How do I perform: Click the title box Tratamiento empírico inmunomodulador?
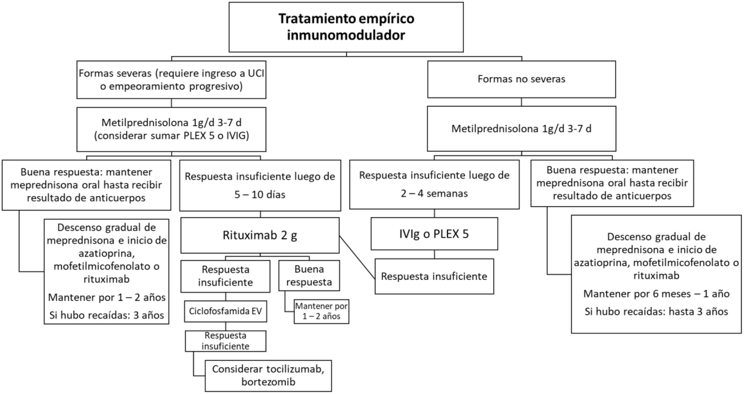(346, 27)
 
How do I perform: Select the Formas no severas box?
(521, 79)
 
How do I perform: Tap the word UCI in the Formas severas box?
(256, 73)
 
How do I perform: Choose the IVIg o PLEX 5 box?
(434, 234)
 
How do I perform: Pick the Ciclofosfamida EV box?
(225, 311)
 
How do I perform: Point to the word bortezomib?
(268, 382)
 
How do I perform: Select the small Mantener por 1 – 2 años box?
(321, 311)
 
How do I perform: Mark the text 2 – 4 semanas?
(434, 193)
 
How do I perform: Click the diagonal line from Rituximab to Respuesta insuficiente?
(357, 258)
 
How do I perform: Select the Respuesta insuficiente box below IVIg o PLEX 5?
(434, 276)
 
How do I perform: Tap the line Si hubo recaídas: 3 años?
(107, 315)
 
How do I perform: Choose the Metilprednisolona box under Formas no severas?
(521, 129)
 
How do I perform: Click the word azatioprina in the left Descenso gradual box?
(107, 253)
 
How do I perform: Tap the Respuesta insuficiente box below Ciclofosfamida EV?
(225, 341)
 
